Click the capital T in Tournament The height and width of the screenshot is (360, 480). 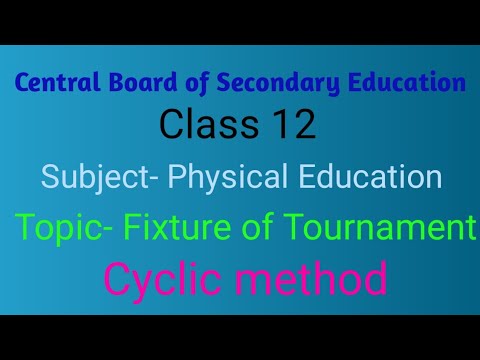click(283, 229)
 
